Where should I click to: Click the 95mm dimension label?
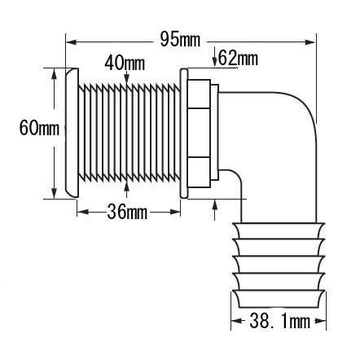point(180,40)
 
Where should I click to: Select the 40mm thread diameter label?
point(125,63)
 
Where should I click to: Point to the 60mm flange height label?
point(39,128)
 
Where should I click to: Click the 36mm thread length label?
point(127,212)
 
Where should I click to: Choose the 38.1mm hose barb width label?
point(279,321)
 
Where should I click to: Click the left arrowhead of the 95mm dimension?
point(71,42)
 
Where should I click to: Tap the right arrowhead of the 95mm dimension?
point(310,42)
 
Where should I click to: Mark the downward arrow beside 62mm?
point(214,57)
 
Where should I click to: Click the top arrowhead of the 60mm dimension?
point(55,74)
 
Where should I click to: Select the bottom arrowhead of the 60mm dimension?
point(55,193)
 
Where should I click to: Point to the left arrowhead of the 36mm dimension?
point(83,212)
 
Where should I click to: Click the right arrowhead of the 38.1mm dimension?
point(320,321)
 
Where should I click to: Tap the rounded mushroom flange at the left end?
point(72,133)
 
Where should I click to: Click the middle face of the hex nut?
point(199,133)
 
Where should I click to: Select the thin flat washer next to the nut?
point(184,134)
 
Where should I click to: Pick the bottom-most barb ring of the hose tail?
point(279,299)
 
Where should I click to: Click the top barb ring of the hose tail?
point(279,231)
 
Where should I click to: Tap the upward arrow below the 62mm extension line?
point(215,209)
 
